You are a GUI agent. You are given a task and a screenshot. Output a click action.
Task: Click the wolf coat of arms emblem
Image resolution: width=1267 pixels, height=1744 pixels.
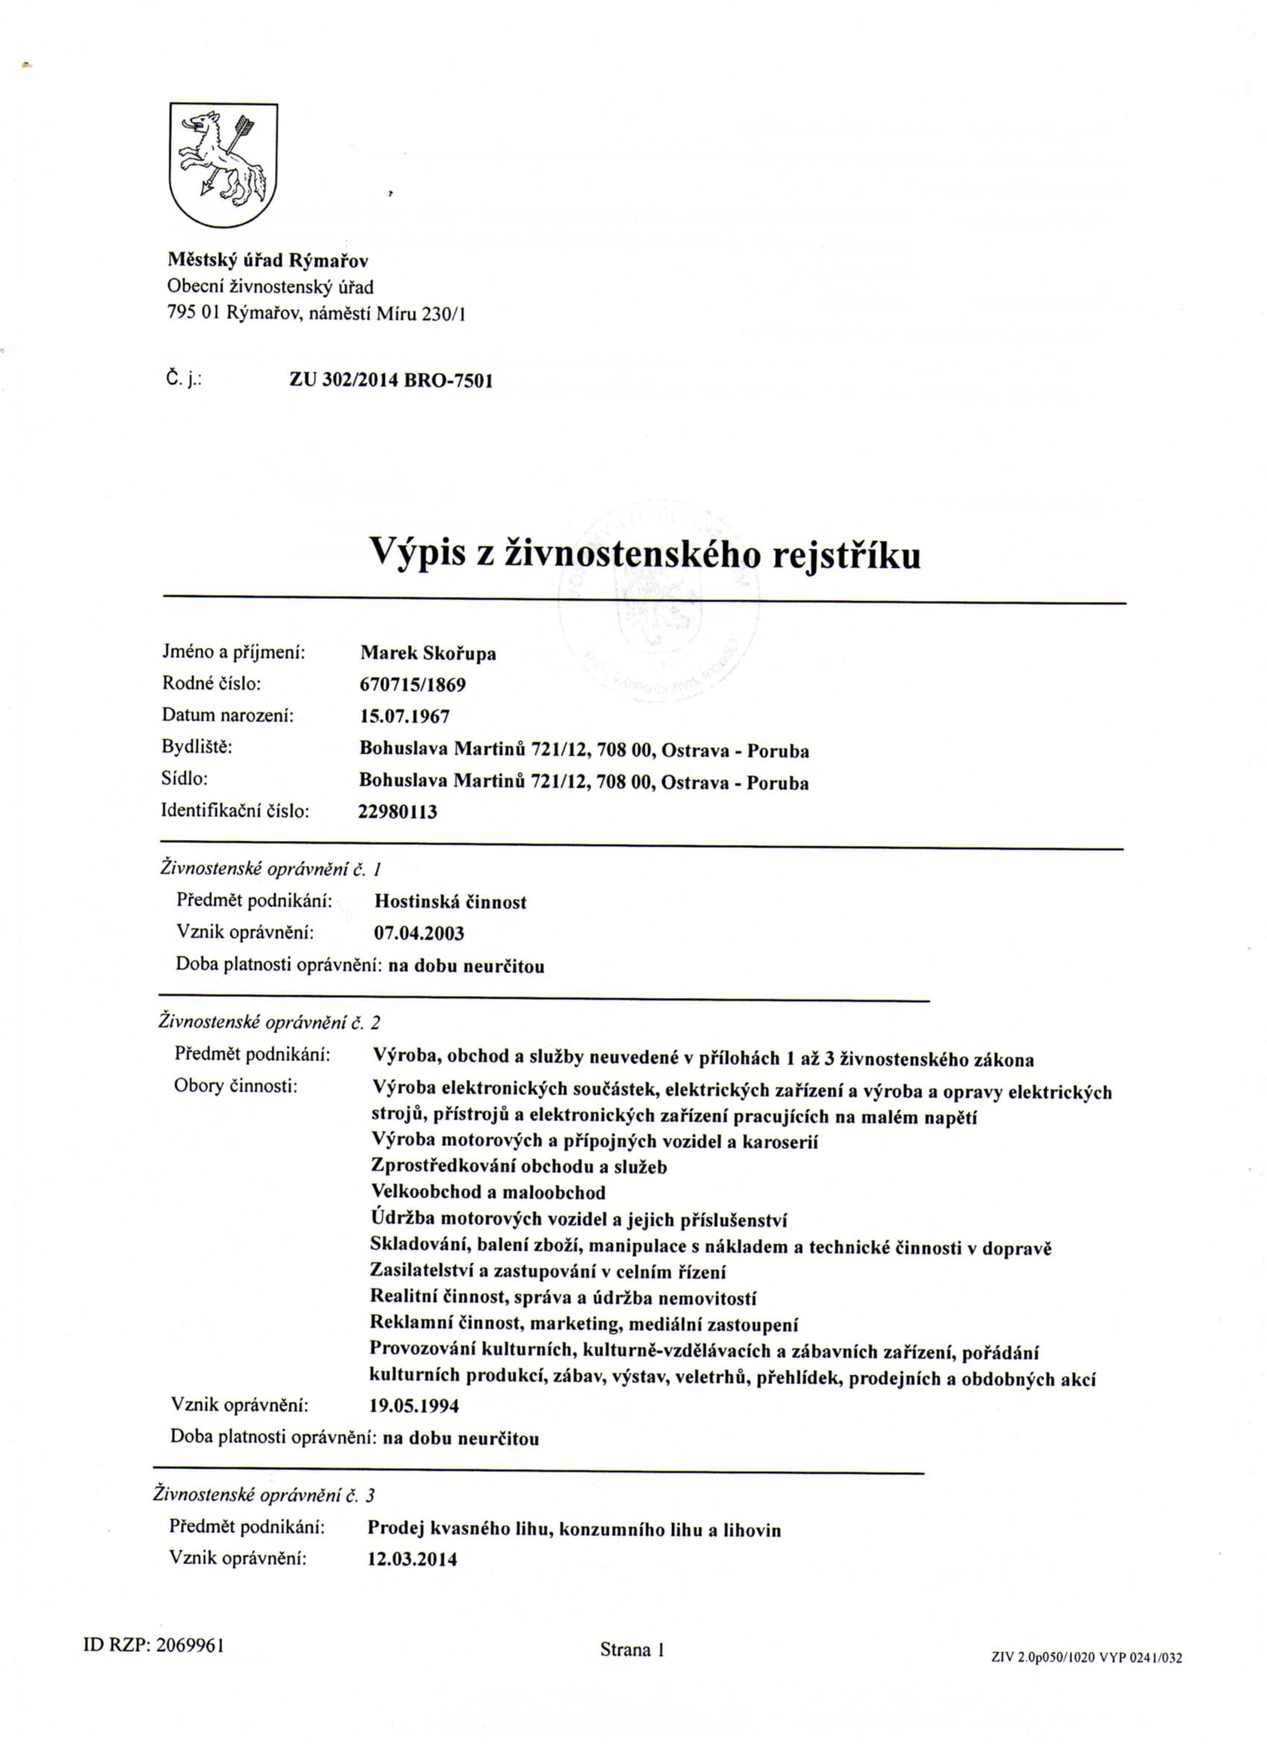pyautogui.click(x=223, y=165)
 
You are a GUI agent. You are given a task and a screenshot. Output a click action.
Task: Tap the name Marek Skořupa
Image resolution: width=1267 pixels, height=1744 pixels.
pyautogui.click(x=429, y=654)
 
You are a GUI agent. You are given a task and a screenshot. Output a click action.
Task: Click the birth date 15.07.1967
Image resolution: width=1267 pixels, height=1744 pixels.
pyautogui.click(x=405, y=717)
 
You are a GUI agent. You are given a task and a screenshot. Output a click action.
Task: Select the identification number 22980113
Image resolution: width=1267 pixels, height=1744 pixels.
pyautogui.click(x=397, y=812)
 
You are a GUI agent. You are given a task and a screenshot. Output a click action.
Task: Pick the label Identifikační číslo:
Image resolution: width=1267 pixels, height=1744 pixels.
pyautogui.click(x=236, y=810)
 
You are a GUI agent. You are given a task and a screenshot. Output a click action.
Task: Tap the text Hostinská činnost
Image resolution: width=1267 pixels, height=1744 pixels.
pyautogui.click(x=449, y=902)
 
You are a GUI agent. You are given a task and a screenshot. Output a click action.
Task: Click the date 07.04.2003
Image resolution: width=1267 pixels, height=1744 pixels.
pyautogui.click(x=419, y=934)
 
